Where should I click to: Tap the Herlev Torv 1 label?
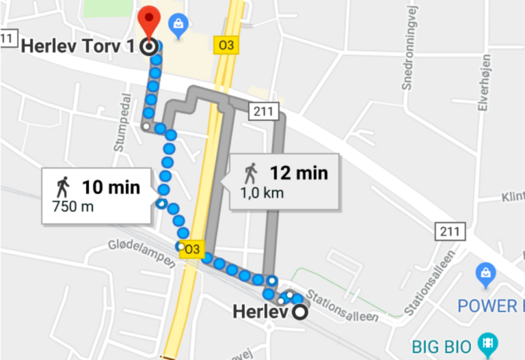(81, 47)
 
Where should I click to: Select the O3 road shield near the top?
(225, 46)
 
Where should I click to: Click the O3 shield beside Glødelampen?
(191, 249)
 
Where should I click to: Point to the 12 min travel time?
(298, 173)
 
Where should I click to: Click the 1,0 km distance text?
(261, 193)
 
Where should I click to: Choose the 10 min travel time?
(111, 186)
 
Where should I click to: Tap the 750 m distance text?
(72, 206)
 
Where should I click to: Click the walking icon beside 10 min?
(63, 185)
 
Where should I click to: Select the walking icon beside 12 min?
(251, 171)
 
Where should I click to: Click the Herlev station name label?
(260, 312)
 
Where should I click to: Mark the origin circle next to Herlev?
(299, 313)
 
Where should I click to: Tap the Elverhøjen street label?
(483, 83)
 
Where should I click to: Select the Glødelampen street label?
(137, 252)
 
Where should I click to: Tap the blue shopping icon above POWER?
(485, 273)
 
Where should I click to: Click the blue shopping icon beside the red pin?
(178, 25)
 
